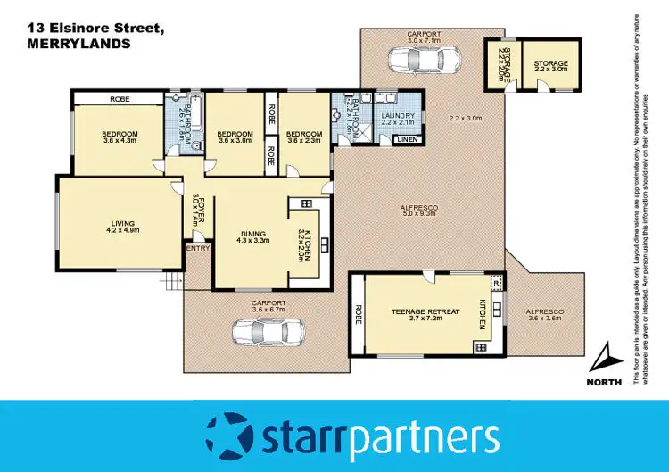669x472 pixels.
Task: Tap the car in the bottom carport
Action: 267,332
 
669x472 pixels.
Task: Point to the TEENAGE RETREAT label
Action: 425,311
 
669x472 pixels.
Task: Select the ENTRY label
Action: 197,248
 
